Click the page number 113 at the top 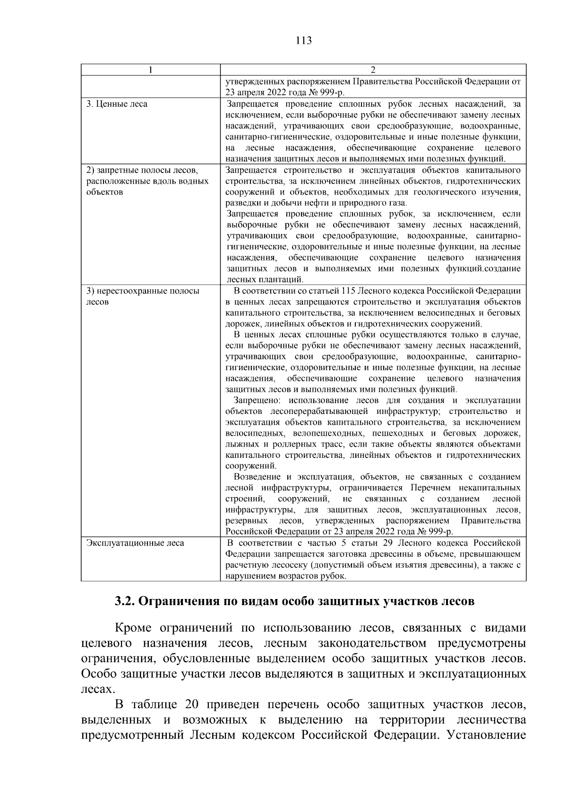coord(303,41)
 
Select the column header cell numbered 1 coord(150,70)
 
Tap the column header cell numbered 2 coord(373,70)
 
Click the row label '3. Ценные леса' coord(117,104)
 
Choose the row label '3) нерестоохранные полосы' coord(143,291)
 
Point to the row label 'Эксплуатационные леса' coord(135,543)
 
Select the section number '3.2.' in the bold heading coord(126,602)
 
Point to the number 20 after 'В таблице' coord(187,706)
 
